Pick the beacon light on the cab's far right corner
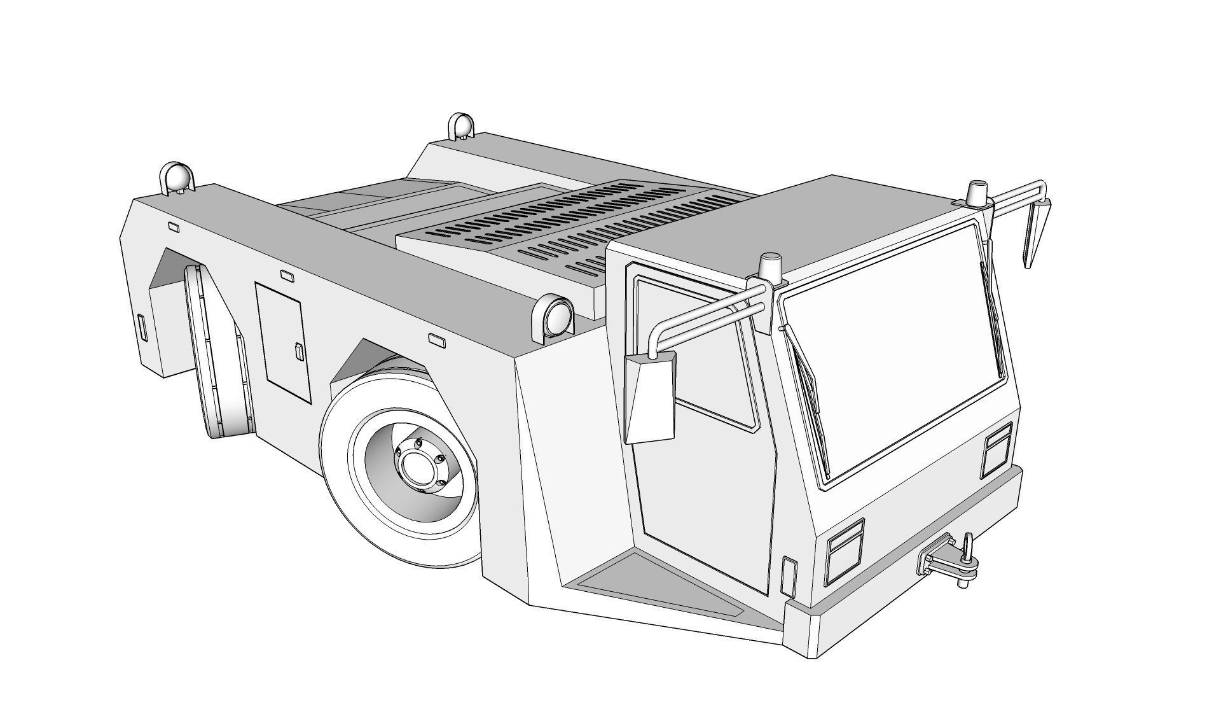(x=976, y=193)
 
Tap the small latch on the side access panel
(x=299, y=351)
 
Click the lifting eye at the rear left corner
(x=176, y=178)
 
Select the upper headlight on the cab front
(x=997, y=449)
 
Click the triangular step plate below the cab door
(x=655, y=589)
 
